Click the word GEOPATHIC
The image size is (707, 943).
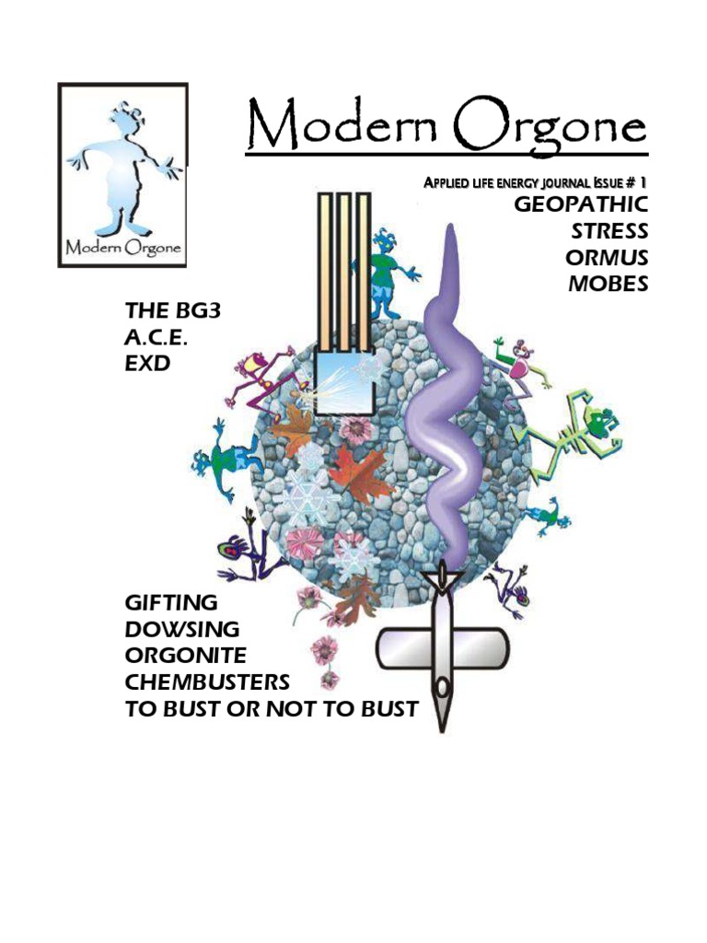tap(581, 204)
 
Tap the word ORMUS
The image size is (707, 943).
tap(607, 257)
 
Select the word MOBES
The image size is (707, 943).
tap(608, 284)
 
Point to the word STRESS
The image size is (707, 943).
tap(609, 230)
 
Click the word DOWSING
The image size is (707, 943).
tap(182, 630)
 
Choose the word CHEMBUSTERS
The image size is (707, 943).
tap(207, 683)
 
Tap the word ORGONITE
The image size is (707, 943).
tap(186, 657)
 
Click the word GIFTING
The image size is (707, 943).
tap(171, 603)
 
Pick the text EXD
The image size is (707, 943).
tap(147, 365)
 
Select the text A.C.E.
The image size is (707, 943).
tap(162, 338)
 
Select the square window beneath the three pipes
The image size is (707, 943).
tap(343, 382)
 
